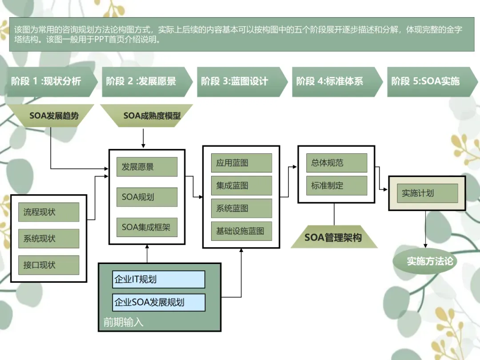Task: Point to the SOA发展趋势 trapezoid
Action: click(54, 116)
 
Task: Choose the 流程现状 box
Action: click(48, 212)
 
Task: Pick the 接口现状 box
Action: click(48, 265)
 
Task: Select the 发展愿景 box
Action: click(147, 167)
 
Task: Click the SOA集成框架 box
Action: click(147, 227)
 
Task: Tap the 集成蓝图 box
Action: click(241, 186)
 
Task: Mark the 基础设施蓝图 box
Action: click(241, 231)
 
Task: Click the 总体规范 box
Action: click(336, 163)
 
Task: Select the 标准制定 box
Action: click(336, 186)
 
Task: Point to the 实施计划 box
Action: click(427, 193)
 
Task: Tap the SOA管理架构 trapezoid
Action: click(333, 238)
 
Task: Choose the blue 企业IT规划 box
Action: click(159, 280)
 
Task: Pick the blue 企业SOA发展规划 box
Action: click(159, 302)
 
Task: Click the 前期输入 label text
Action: click(124, 322)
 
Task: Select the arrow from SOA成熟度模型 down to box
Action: click(143, 138)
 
